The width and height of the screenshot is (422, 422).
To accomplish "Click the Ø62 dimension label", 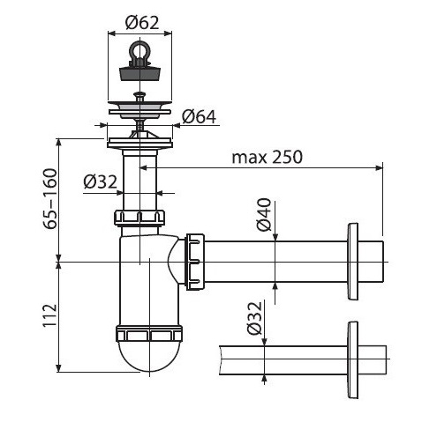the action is click(142, 23).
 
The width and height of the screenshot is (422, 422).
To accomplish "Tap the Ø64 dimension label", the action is click(199, 116).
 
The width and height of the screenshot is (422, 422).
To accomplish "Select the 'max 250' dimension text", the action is click(267, 157).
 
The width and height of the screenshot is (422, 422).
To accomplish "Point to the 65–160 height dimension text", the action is click(50, 199).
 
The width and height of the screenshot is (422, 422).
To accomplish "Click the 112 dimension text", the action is click(50, 315).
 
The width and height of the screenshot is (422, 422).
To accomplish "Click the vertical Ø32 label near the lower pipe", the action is click(254, 318).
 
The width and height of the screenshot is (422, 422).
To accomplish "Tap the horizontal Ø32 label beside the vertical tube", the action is click(101, 181).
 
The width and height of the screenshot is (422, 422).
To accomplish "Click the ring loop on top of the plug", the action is click(139, 50).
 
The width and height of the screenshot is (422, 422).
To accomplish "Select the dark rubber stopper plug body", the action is click(140, 74).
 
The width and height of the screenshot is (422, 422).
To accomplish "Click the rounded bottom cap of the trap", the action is click(149, 357).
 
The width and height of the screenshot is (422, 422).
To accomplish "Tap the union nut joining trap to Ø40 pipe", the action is click(195, 262).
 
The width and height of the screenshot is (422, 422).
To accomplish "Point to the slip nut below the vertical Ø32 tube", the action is click(139, 218).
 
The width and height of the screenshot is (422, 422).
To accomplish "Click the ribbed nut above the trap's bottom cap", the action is click(149, 334).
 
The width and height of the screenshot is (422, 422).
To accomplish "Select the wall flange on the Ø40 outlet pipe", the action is click(352, 262).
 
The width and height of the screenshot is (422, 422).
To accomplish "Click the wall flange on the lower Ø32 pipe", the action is click(352, 360).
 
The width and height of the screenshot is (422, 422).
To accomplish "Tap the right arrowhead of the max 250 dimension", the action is click(380, 167).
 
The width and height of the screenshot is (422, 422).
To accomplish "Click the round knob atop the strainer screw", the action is click(139, 94).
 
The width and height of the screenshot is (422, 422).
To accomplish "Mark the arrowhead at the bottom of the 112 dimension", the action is click(59, 368).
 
